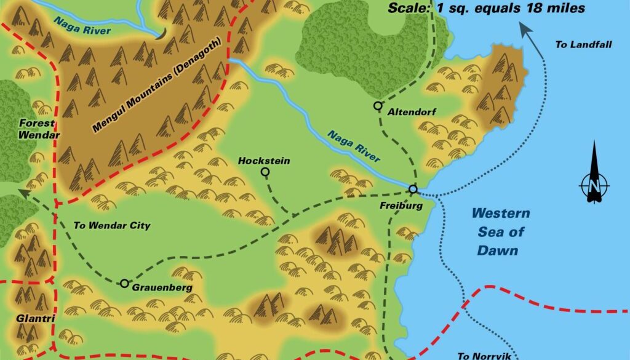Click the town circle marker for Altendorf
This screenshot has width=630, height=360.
pyautogui.click(x=378, y=106)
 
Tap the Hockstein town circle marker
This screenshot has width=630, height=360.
pyautogui.click(x=265, y=172)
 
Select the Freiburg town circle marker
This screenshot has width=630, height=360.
pyautogui.click(x=413, y=189)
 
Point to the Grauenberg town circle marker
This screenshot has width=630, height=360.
pyautogui.click(x=124, y=283)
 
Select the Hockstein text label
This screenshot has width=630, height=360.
pyautogui.click(x=264, y=161)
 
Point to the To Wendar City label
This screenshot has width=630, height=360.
pyautogui.click(x=111, y=225)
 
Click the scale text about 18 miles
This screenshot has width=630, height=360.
pyautogui.click(x=486, y=8)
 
